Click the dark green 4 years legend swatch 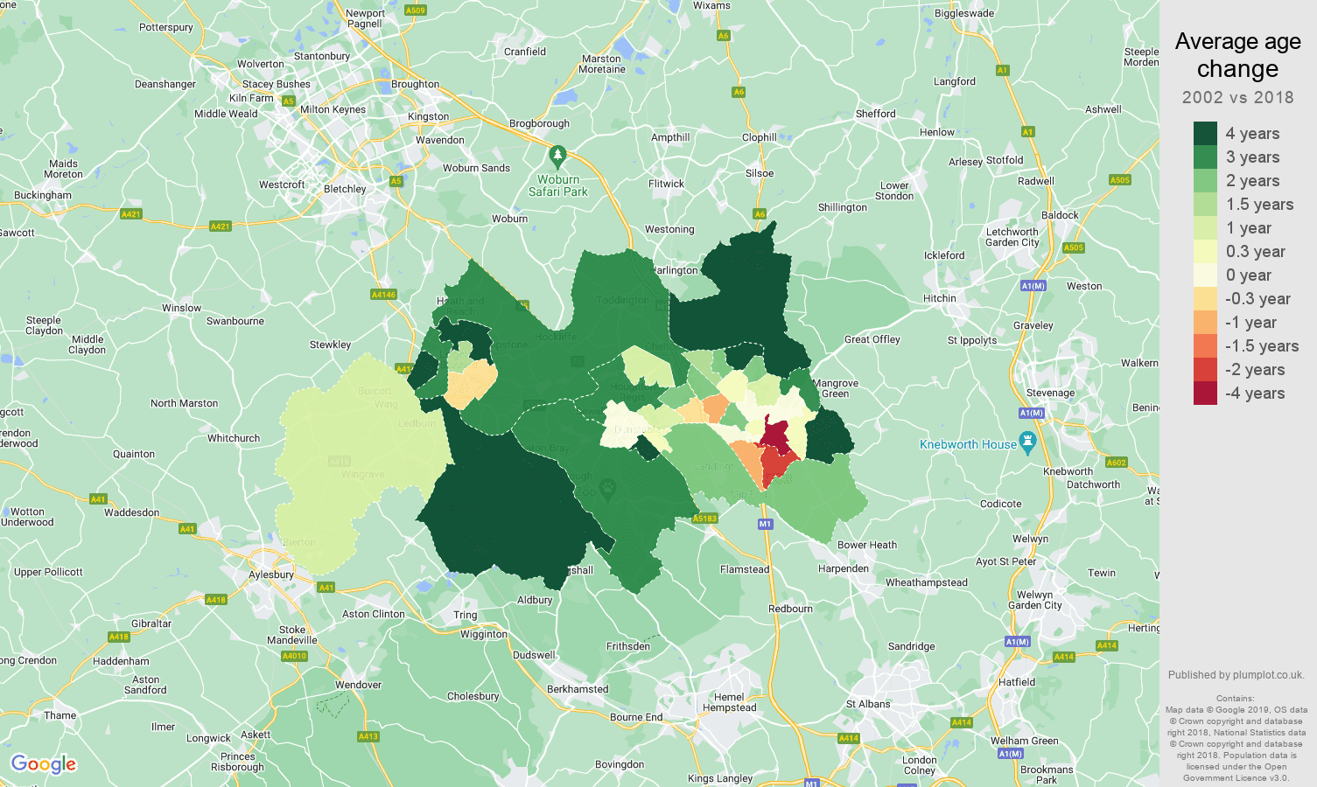click(x=1205, y=134)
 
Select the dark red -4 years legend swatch click(x=1205, y=393)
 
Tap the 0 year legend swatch click(x=1205, y=275)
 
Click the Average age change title click(x=1237, y=55)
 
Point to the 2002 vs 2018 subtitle click(x=1237, y=97)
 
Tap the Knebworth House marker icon click(x=1027, y=443)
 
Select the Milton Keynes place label click(x=333, y=109)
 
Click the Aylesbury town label click(x=271, y=575)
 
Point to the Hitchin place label click(x=939, y=298)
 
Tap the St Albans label click(x=868, y=704)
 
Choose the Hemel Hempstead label click(x=729, y=702)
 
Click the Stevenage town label click(x=1050, y=393)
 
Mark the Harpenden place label click(x=844, y=568)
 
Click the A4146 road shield click(x=383, y=295)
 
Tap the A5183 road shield click(x=704, y=519)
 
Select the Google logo click(x=43, y=764)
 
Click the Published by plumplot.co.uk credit click(x=1236, y=675)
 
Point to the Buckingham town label click(x=43, y=195)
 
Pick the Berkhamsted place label click(x=578, y=689)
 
